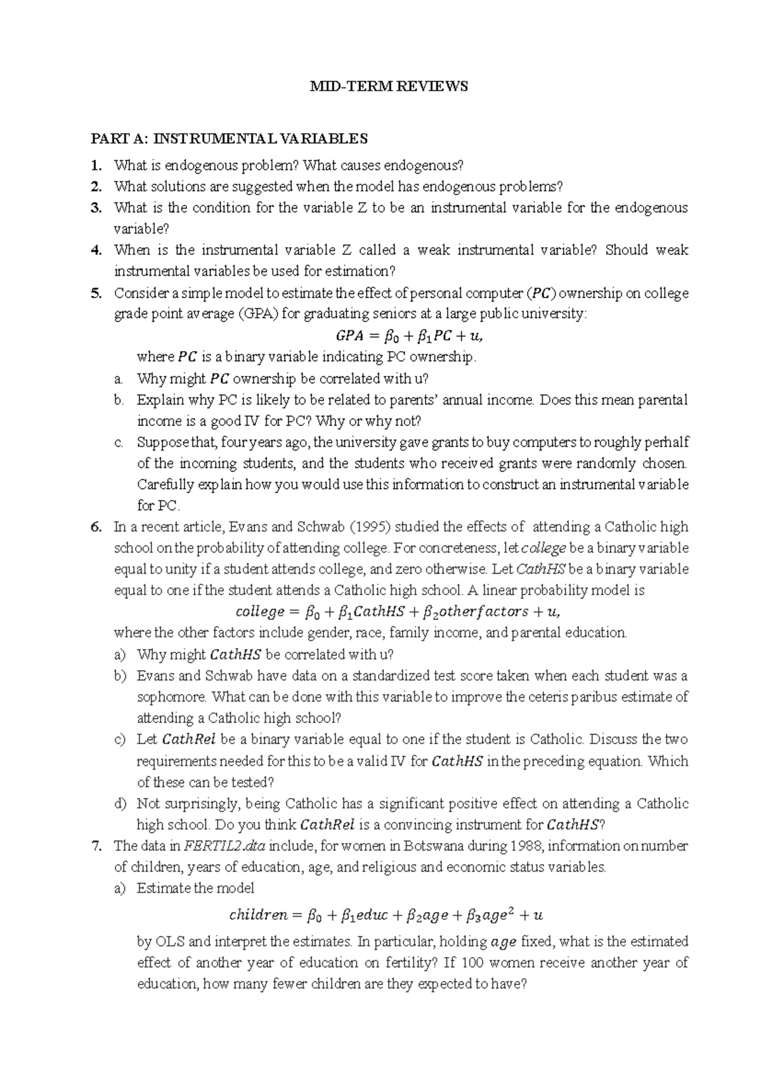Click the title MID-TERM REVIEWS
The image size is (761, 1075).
[388, 87]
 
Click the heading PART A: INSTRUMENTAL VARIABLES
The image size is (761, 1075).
[229, 138]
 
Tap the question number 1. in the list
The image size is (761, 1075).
[96, 166]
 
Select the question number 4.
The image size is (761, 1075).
[96, 250]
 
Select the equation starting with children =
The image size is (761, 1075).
[386, 915]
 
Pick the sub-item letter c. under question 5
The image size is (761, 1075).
[118, 442]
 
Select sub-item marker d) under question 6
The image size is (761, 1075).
[120, 804]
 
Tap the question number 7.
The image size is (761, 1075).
[96, 846]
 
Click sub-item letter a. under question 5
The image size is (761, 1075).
[118, 379]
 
